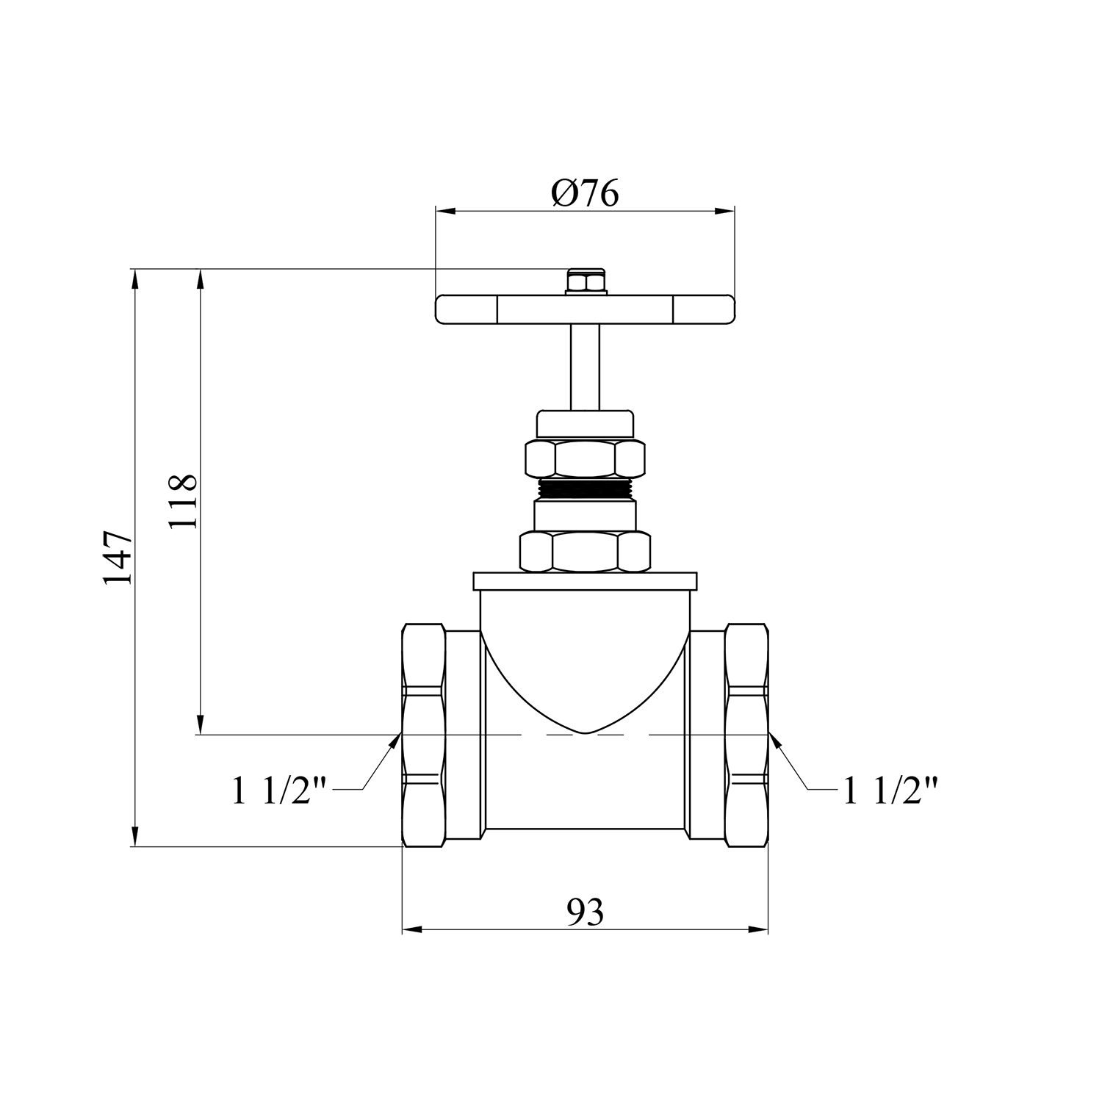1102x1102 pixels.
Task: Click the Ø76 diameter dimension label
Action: tap(585, 192)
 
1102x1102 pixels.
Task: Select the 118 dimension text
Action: tap(182, 501)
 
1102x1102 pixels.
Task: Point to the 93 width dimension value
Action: tap(585, 912)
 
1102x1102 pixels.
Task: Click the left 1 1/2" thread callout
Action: tap(279, 791)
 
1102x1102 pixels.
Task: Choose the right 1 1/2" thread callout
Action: tap(890, 791)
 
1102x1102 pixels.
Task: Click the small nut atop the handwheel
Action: tap(585, 283)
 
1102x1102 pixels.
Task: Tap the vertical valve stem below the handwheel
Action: tap(585, 367)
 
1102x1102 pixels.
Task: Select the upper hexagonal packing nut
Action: tap(585, 459)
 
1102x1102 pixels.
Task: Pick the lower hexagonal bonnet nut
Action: tap(585, 552)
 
